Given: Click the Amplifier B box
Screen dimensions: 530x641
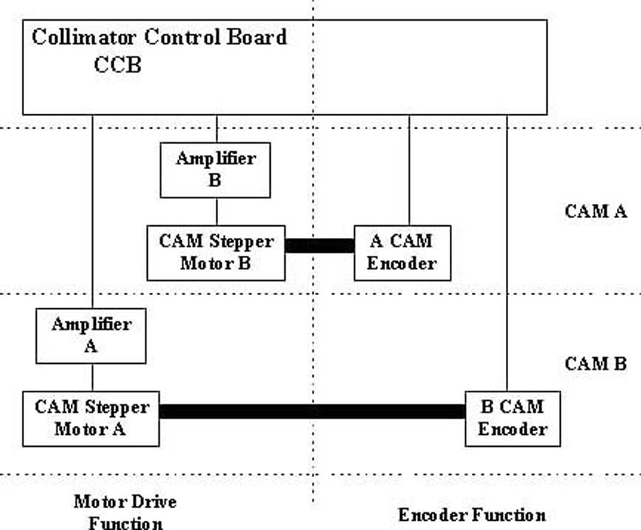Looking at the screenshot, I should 215,170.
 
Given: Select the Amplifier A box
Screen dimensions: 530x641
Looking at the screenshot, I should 91,335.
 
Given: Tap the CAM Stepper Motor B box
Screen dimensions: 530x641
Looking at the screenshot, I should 215,253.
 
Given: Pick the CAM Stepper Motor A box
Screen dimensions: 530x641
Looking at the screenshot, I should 91,418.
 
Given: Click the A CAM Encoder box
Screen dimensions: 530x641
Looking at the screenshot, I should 402,253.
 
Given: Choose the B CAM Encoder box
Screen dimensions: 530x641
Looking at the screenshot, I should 512,418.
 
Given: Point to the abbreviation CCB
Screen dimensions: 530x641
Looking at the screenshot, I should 118,65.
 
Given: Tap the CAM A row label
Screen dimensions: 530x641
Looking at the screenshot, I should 596,212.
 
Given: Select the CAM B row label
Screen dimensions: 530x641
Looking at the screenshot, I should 596,364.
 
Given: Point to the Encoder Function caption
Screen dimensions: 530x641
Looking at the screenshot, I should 472,515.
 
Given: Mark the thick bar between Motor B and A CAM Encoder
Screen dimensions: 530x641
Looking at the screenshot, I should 319,246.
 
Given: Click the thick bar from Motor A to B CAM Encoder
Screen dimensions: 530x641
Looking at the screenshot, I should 312,411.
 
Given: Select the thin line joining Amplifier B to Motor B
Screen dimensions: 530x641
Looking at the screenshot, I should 217,212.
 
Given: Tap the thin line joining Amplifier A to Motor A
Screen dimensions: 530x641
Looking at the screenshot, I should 92,377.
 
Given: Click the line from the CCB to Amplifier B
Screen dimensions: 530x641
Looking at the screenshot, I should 217,129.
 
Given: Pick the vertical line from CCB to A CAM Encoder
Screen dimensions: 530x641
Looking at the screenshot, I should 409,171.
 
